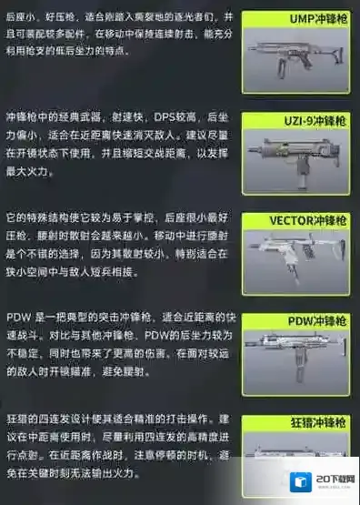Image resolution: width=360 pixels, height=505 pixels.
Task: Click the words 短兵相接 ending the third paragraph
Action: [x=143, y=273]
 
